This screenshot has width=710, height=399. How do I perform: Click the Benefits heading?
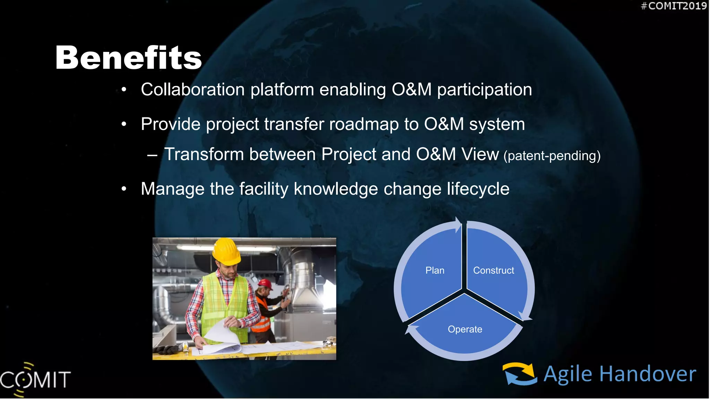pos(128,57)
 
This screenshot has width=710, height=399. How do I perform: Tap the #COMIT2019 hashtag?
pos(673,6)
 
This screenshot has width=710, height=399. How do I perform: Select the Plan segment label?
pos(435,271)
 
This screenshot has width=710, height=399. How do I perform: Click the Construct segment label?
pos(493,271)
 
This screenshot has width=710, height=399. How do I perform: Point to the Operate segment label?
pos(465,329)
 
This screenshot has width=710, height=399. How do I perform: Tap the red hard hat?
pos(265,284)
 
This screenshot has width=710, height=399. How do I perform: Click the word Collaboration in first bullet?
pos(193,90)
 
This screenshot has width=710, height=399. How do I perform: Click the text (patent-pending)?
pos(552,156)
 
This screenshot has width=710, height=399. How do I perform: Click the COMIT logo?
pos(35,379)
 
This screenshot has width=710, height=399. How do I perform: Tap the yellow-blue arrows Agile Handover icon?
pos(520,374)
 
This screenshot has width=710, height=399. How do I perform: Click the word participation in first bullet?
pos(484,90)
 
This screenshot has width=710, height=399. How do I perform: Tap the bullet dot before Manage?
pos(124,189)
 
